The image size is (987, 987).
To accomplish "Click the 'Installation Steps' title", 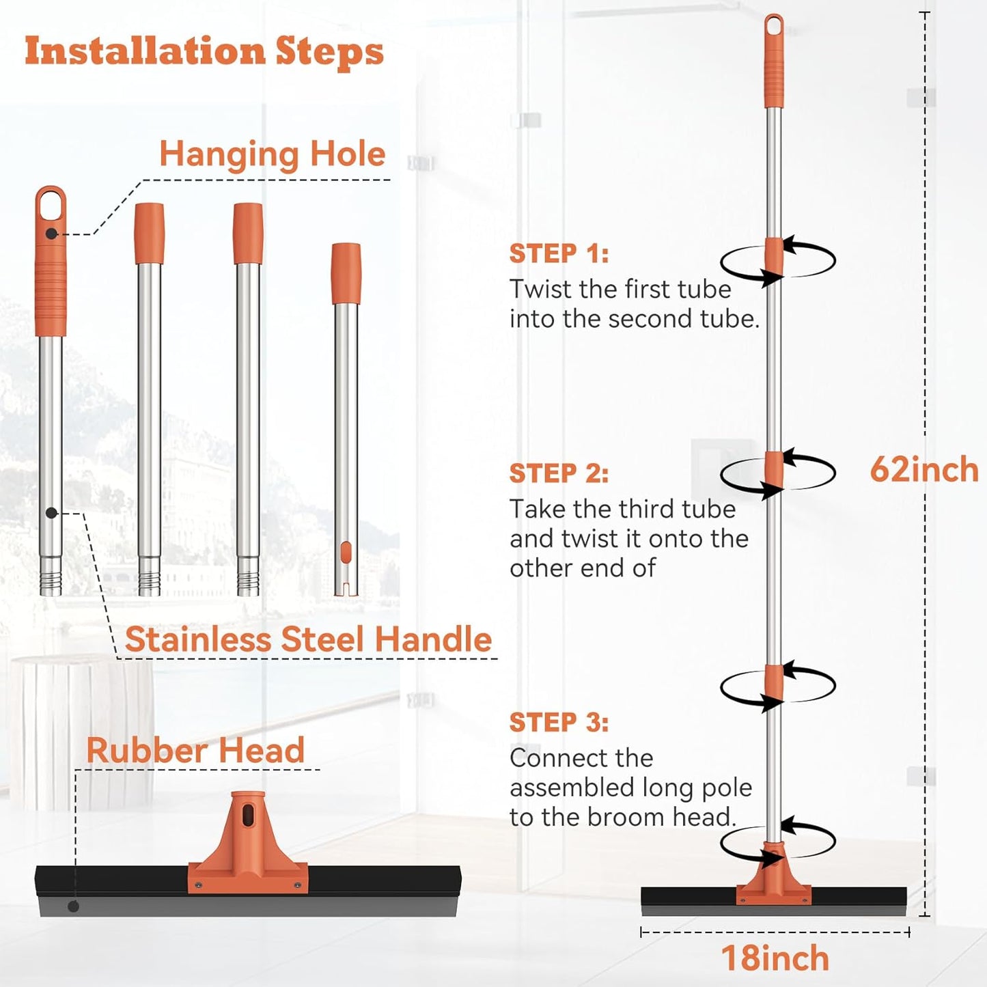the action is [x=204, y=52].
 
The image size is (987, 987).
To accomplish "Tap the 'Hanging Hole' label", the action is [x=273, y=154].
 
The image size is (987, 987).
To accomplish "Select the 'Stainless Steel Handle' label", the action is [x=308, y=640].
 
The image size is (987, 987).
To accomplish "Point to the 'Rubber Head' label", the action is [x=195, y=751].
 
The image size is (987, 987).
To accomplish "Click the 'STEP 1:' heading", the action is [x=559, y=253].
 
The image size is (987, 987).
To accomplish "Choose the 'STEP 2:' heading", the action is [x=559, y=473].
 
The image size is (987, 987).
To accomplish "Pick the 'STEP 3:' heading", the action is [x=559, y=722].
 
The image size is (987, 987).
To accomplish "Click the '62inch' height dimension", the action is [x=924, y=469].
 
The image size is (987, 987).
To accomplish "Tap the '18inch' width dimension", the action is [x=775, y=958].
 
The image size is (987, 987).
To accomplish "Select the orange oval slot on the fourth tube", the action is [x=346, y=551].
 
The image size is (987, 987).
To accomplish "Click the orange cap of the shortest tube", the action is [x=346, y=273].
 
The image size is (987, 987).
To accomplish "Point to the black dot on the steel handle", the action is [x=51, y=513].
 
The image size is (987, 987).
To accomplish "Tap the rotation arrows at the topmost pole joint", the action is [x=777, y=261].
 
